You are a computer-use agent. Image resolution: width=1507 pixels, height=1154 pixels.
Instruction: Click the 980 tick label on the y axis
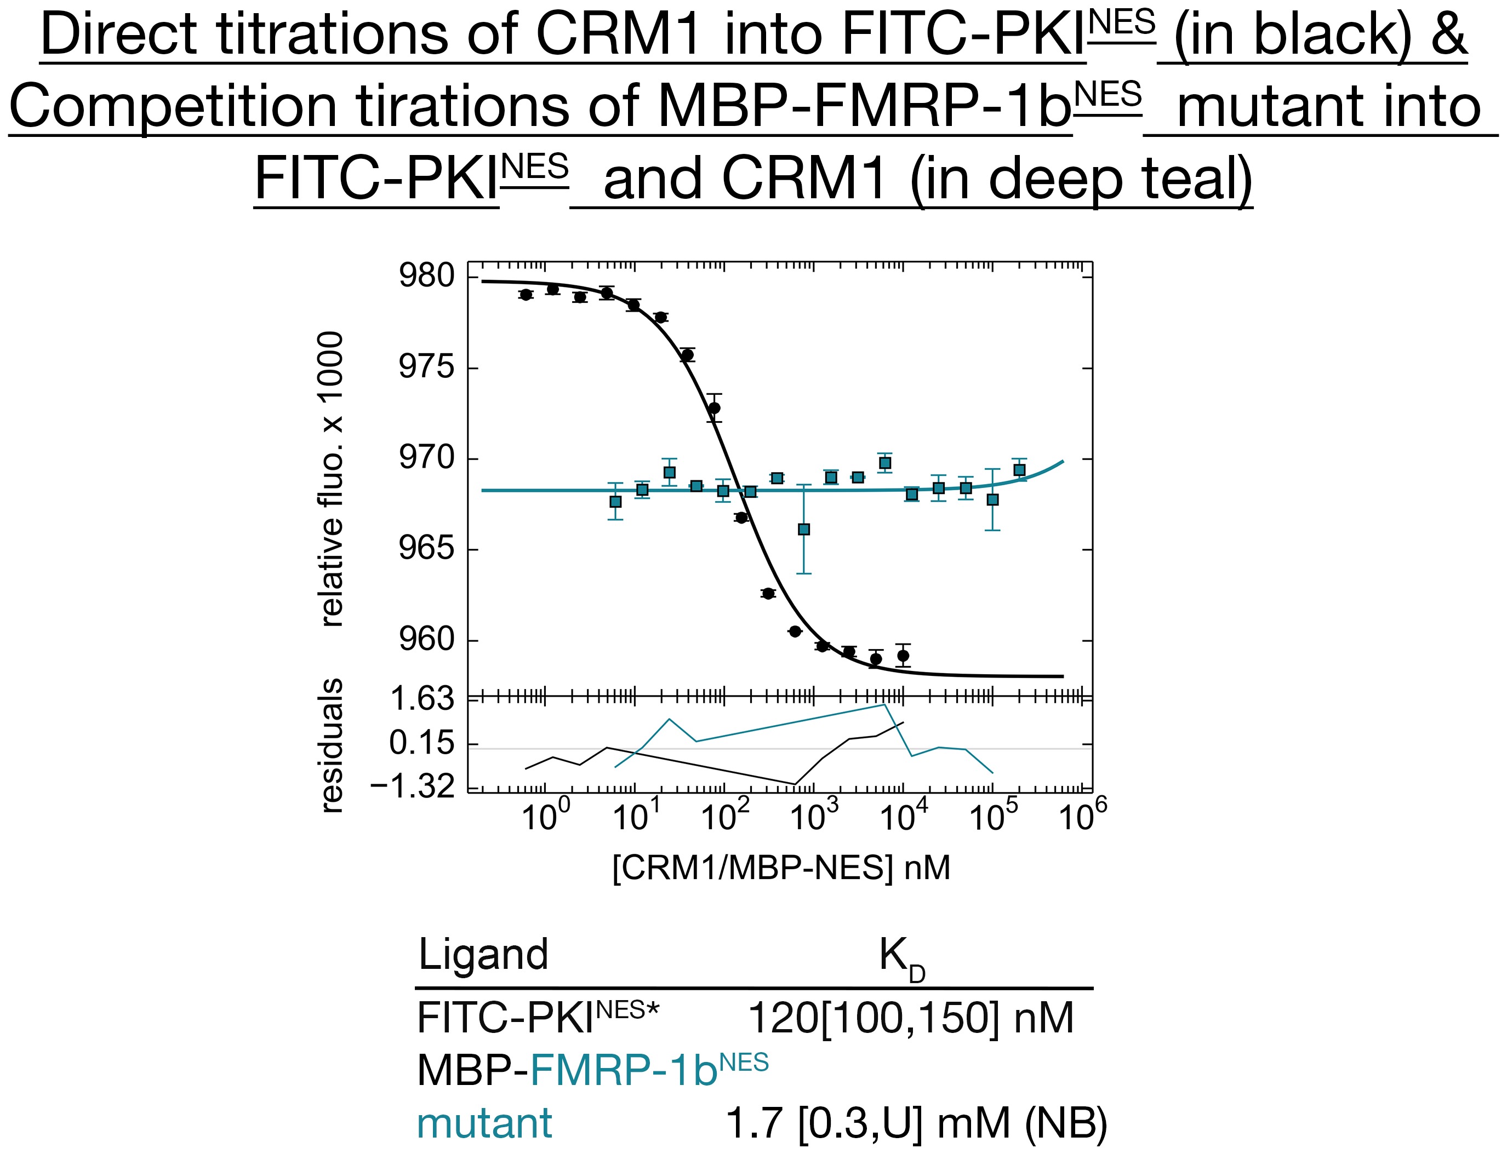point(427,276)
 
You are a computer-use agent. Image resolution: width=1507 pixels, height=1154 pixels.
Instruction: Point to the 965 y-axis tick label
point(427,549)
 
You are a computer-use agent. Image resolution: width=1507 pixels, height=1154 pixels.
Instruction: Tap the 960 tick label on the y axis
point(427,640)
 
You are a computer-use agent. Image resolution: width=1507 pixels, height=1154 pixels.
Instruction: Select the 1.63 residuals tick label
point(422,699)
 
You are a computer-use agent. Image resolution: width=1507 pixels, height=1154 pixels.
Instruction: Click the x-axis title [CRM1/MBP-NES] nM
point(781,868)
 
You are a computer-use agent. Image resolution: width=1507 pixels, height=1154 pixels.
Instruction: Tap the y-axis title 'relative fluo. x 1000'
point(332,479)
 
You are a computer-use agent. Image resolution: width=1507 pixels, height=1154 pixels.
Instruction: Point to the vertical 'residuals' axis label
point(332,746)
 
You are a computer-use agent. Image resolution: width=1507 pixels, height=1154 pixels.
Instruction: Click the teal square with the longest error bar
point(803,529)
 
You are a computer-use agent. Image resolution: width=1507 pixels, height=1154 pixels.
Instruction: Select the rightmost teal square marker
point(1020,470)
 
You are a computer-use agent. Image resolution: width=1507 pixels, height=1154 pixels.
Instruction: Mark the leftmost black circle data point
point(526,295)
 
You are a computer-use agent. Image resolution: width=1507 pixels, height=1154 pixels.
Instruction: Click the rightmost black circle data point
point(903,655)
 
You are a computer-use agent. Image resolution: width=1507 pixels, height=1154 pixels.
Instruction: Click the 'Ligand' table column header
point(483,954)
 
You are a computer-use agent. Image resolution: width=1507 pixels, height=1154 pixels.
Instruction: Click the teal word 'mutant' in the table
point(484,1124)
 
